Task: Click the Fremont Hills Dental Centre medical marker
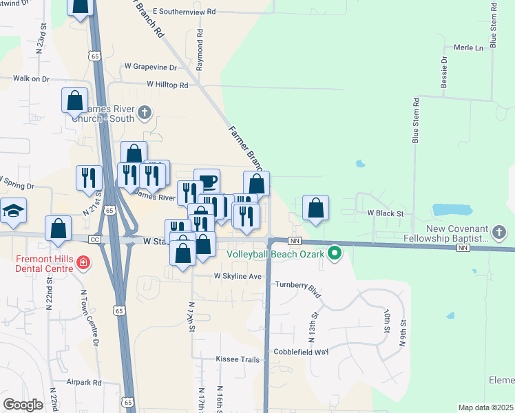point(83,262)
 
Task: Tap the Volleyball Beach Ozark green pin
point(335,253)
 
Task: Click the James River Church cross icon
point(145,112)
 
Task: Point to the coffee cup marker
point(207,182)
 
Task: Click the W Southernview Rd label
point(184,12)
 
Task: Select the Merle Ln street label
point(469,47)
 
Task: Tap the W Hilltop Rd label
point(167,85)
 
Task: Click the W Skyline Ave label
point(238,276)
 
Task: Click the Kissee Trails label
point(238,359)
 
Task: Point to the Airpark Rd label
point(84,382)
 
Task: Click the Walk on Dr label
point(32,78)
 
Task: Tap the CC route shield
point(95,238)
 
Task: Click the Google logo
point(23,405)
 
